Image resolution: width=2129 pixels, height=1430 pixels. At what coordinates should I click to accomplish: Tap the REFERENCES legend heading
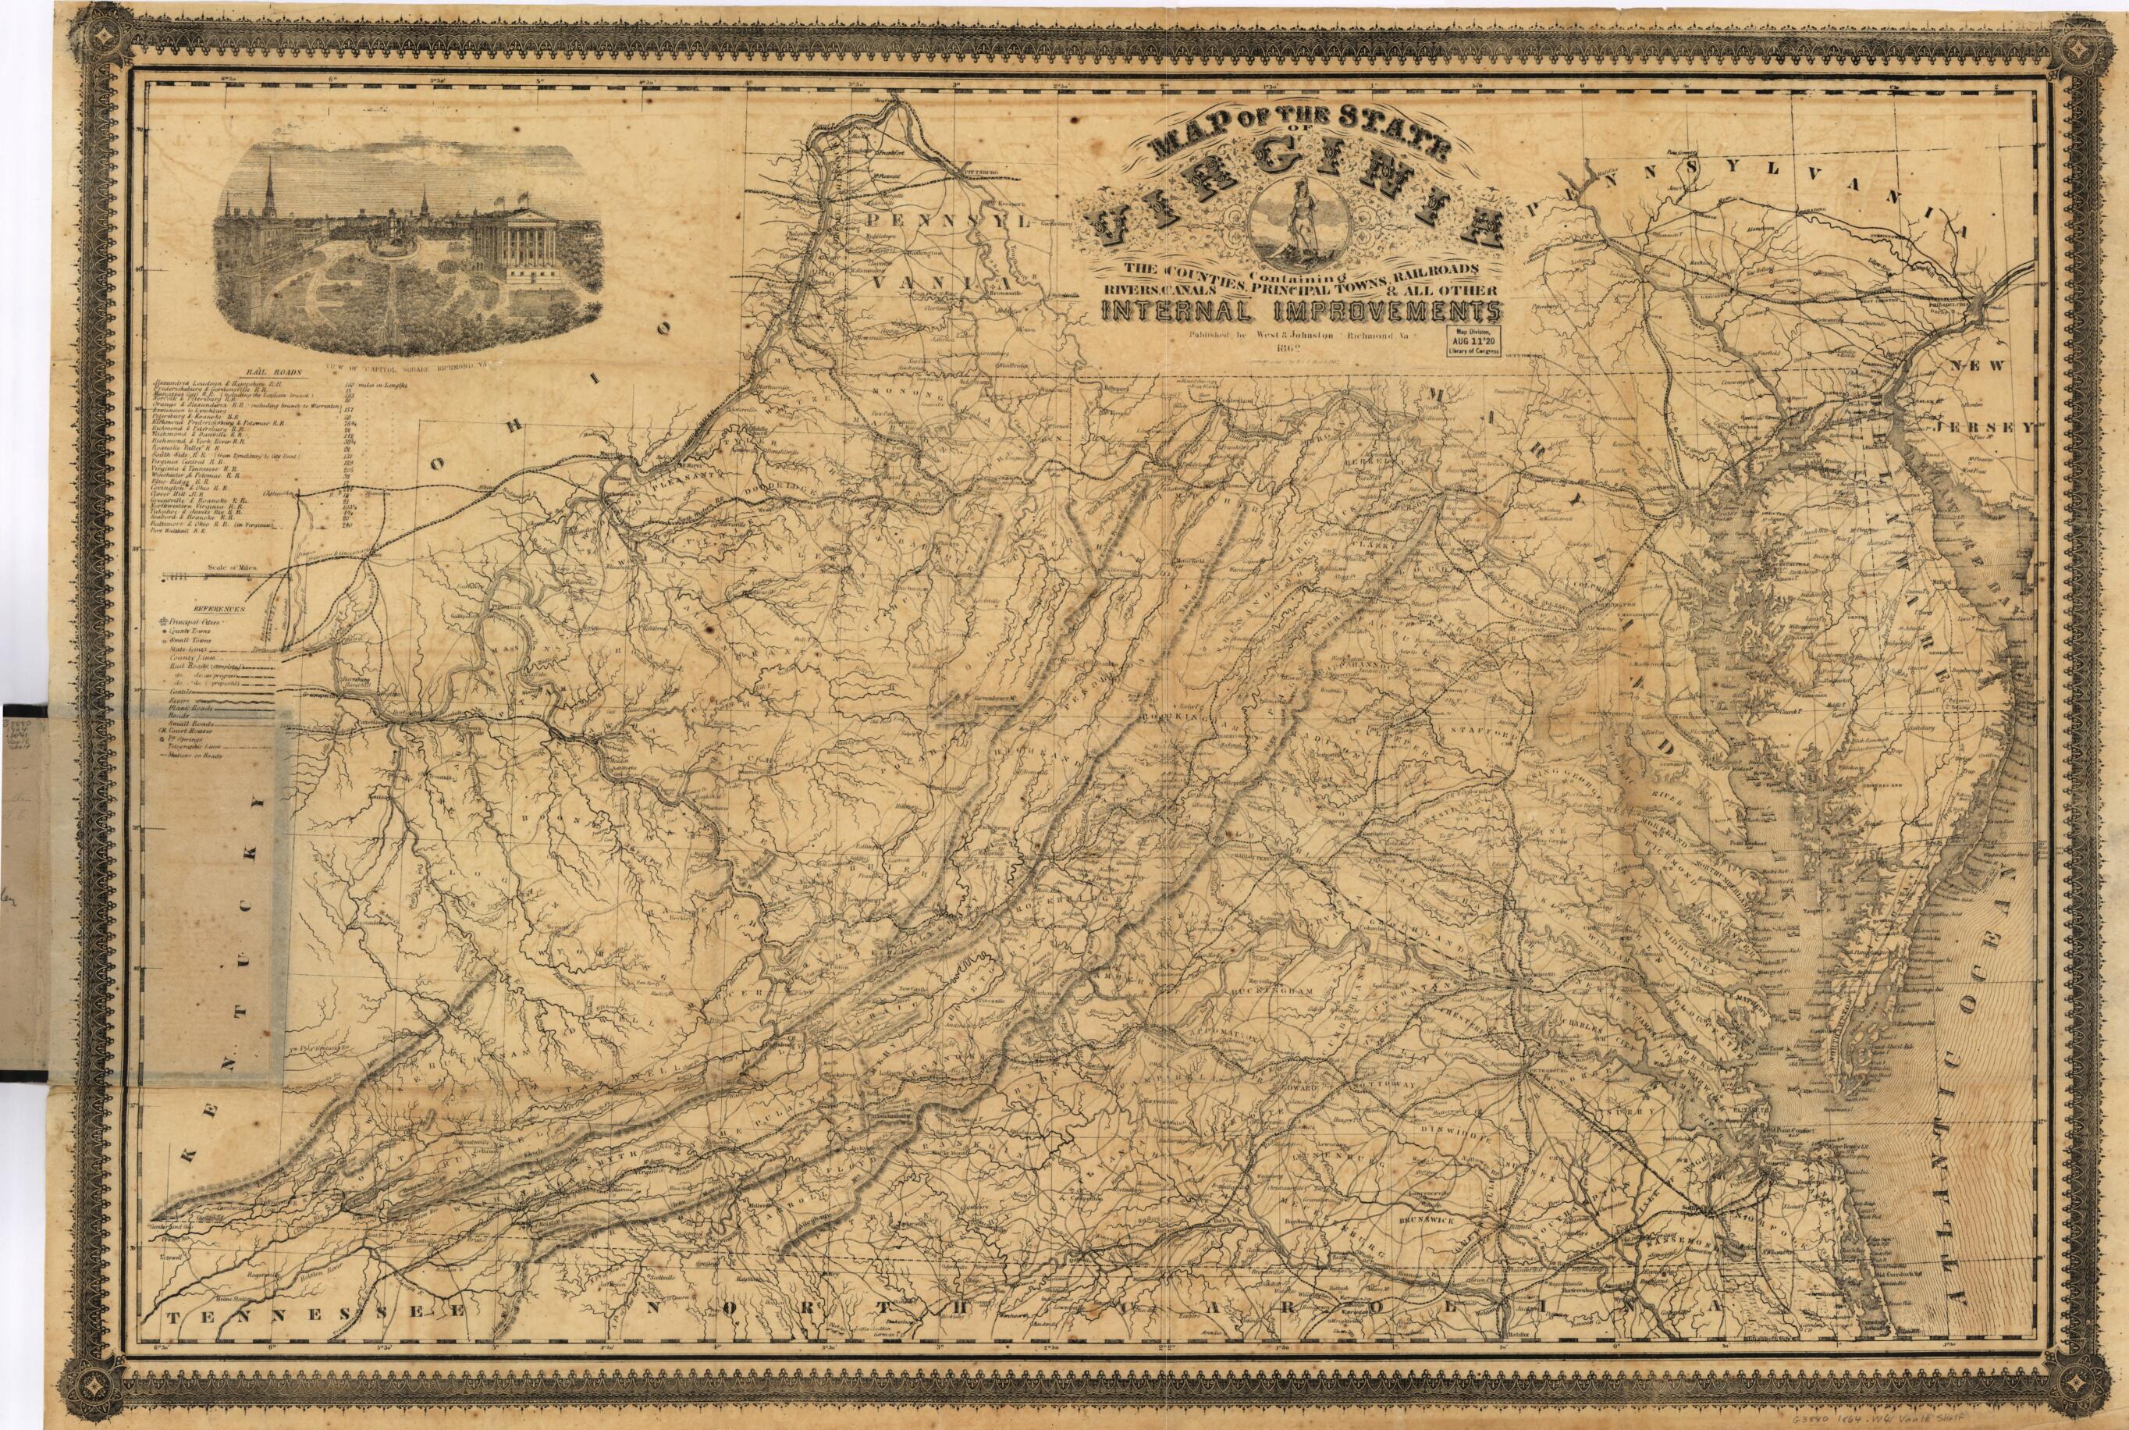[218, 607]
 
